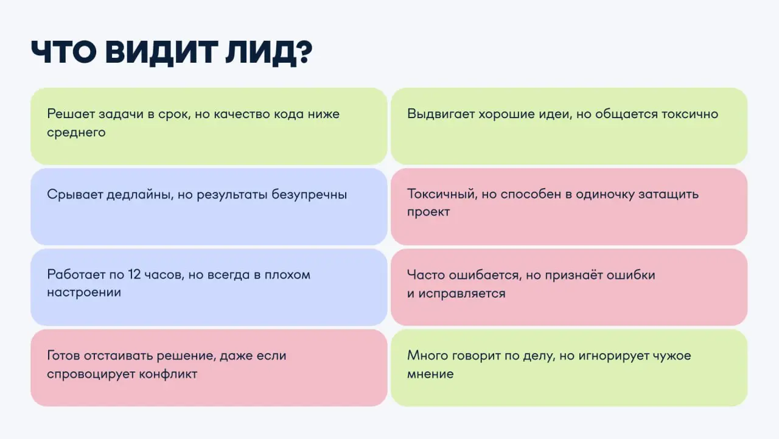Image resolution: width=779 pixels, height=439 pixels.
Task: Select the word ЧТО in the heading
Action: click(x=64, y=53)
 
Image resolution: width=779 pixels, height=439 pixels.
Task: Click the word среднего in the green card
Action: click(x=76, y=132)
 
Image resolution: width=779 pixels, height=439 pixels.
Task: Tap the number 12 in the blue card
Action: click(x=135, y=274)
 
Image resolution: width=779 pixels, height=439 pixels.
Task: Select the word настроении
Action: click(x=84, y=292)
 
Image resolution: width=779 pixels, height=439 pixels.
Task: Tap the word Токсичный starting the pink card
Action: click(x=441, y=194)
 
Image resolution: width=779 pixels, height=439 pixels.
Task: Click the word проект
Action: click(x=428, y=212)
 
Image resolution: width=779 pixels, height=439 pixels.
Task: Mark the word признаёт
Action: click(x=572, y=275)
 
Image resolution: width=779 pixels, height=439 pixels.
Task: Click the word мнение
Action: click(x=430, y=373)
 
